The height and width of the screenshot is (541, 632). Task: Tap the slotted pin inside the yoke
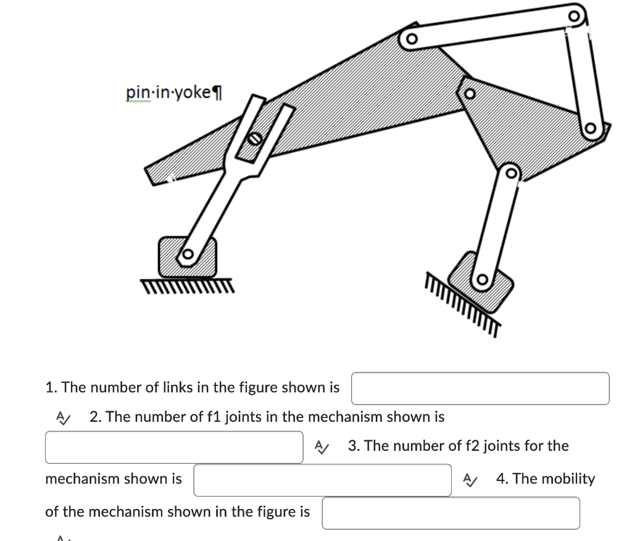click(x=254, y=139)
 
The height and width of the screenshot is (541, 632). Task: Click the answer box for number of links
click(x=480, y=388)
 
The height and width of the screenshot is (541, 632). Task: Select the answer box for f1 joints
click(x=173, y=447)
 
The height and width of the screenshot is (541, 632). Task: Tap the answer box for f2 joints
click(x=322, y=480)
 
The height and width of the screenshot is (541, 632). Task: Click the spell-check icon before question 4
click(x=470, y=479)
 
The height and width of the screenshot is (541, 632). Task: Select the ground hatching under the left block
click(x=187, y=285)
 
